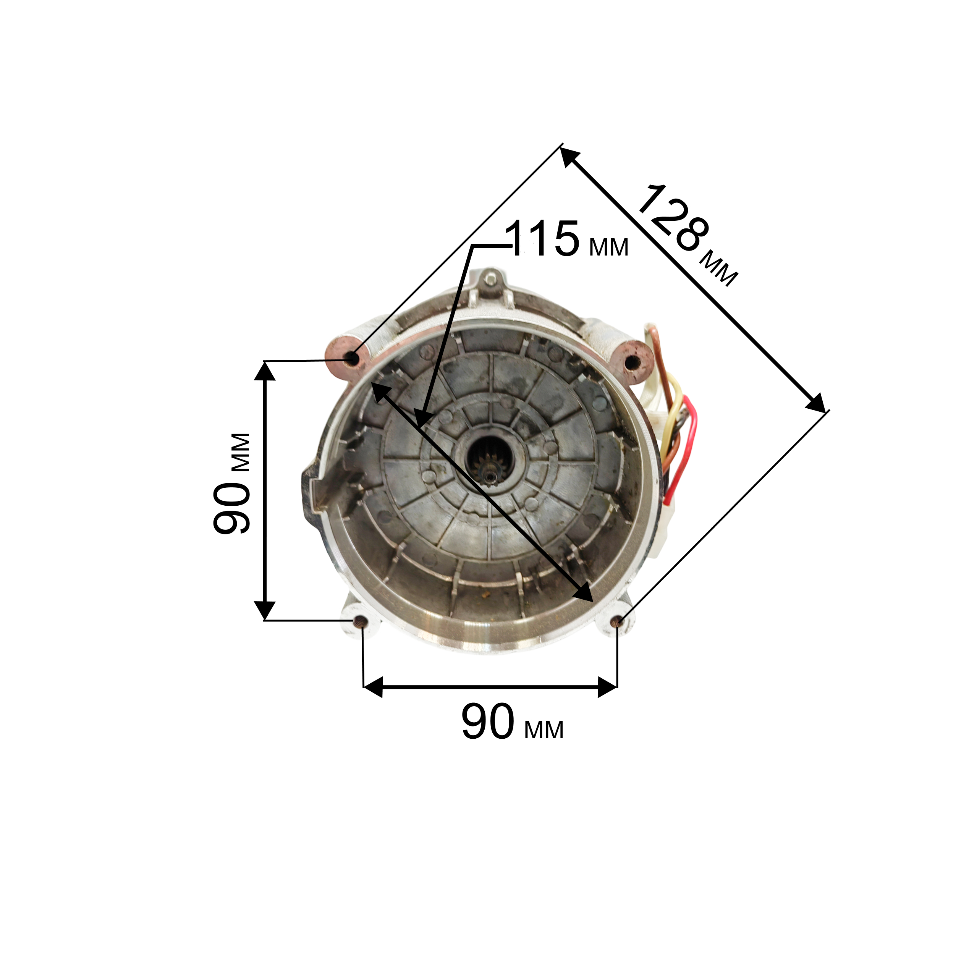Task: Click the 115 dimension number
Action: (543, 239)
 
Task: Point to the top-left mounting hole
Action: (353, 358)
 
